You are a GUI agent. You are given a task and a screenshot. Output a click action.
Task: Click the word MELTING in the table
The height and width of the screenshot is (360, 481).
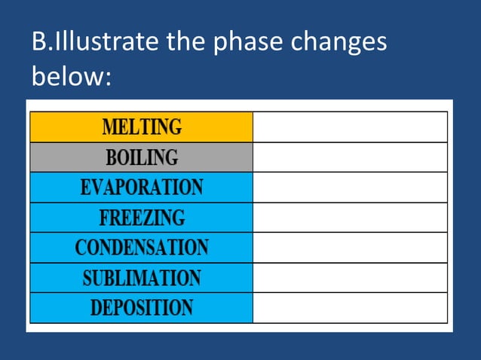click(142, 127)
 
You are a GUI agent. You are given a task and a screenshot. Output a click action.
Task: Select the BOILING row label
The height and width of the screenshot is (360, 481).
click(142, 157)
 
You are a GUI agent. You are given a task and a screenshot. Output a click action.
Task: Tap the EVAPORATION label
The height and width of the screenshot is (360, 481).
click(142, 187)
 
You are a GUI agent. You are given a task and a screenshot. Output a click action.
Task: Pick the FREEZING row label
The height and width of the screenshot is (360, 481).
click(142, 217)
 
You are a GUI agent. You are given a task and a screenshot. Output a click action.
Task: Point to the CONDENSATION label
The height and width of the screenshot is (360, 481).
click(142, 247)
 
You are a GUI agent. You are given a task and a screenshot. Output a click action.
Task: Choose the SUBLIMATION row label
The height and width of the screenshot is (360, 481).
click(142, 277)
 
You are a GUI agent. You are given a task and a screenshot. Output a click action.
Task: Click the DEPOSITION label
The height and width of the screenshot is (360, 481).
click(142, 307)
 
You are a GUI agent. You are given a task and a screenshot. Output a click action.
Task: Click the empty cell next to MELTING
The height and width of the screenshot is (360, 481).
click(350, 127)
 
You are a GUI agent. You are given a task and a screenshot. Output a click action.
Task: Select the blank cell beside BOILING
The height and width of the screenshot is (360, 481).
click(350, 157)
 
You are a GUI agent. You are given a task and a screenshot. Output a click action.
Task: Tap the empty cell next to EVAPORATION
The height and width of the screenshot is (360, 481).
click(350, 187)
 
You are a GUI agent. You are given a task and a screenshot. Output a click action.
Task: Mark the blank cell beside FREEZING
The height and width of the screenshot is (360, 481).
click(350, 217)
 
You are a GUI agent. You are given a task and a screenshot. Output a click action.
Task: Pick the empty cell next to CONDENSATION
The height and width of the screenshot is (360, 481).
click(350, 247)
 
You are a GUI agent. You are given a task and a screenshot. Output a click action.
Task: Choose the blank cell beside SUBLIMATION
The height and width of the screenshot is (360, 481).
click(350, 277)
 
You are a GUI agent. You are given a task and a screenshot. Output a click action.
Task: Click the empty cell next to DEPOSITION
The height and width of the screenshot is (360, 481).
click(350, 307)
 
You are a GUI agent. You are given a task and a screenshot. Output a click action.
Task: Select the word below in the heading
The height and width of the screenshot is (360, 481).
click(67, 76)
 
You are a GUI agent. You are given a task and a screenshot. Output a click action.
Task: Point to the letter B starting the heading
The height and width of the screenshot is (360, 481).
click(39, 42)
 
